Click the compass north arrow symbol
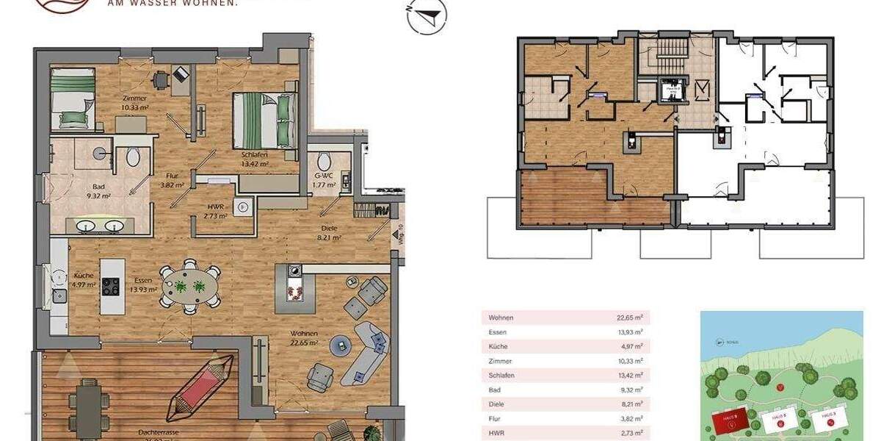[427, 16]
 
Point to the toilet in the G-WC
[324, 161]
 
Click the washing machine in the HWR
[242, 207]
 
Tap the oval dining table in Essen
[190, 284]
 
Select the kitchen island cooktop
[110, 284]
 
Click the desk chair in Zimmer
[160, 79]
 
